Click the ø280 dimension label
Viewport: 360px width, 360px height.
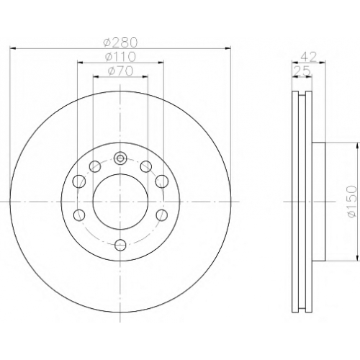click(120, 42)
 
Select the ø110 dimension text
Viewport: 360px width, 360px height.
click(120, 57)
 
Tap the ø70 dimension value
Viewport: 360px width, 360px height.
click(120, 71)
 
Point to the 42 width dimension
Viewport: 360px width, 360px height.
click(309, 57)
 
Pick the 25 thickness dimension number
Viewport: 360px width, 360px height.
click(302, 71)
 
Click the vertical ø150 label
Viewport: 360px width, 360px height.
click(352, 202)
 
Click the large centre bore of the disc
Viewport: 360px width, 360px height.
click(120, 202)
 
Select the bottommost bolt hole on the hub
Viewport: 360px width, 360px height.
click(120, 245)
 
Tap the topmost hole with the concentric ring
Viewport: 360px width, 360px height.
click(120, 158)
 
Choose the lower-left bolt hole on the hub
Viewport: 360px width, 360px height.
click(79, 215)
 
